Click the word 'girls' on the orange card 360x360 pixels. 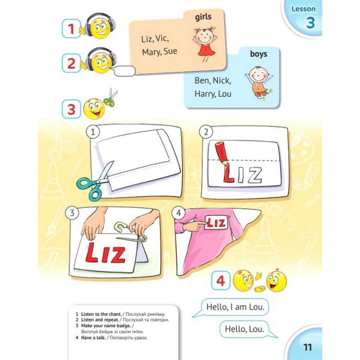point(203,17)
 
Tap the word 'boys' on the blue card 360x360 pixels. point(258,54)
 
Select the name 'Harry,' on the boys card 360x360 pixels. point(205,94)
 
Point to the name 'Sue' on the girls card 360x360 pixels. point(170,51)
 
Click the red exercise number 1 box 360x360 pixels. point(71,29)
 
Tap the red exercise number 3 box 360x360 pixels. point(71,109)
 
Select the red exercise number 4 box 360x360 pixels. point(220,280)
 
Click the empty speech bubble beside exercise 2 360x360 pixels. point(125,71)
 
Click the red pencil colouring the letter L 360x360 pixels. point(221,153)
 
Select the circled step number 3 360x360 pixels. point(72,213)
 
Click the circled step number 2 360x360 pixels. point(206,132)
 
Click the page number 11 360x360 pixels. point(307,347)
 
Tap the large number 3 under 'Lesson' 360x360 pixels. point(310,23)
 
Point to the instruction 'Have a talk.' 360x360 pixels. point(94,338)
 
